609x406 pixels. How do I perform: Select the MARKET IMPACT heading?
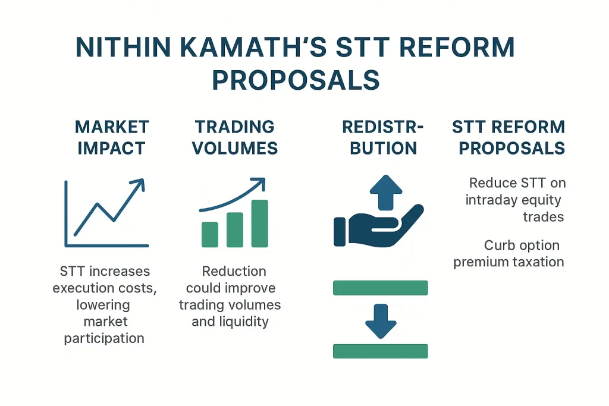click(112, 137)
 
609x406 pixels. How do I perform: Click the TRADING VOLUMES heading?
click(235, 137)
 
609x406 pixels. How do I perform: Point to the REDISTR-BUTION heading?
click(383, 137)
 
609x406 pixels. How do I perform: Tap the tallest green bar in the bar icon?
click(260, 223)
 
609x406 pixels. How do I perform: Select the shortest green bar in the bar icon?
click(210, 234)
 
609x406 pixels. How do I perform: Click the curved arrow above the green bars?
click(232, 193)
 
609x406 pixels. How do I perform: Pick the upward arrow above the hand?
click(386, 193)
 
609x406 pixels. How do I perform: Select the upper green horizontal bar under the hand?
click(381, 288)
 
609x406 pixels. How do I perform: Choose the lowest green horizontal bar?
click(381, 351)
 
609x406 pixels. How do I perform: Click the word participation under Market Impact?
click(104, 338)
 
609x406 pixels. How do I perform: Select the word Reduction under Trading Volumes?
click(234, 272)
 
